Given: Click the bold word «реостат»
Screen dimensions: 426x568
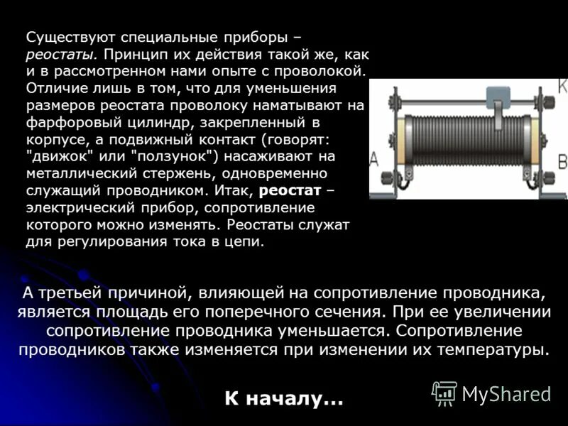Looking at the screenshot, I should [290, 190].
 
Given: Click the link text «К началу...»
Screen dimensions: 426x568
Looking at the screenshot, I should [284, 399].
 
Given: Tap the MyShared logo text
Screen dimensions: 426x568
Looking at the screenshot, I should [506, 394].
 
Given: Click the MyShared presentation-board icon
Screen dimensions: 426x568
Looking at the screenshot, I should [444, 393].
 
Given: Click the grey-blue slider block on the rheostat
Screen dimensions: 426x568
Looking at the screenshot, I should [498, 97].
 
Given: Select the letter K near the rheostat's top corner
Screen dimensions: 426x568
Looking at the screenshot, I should [563, 85].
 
